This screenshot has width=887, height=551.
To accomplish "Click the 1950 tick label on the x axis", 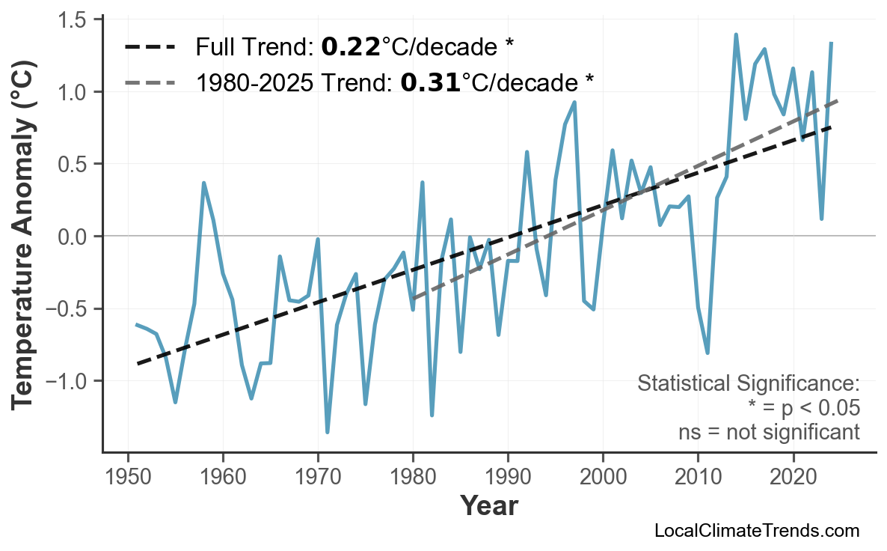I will pos(128,477).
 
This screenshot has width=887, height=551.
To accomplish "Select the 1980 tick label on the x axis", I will pos(413,477).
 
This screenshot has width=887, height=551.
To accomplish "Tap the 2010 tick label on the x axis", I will pos(698,477).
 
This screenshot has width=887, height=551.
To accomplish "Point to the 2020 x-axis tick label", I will pos(793,477).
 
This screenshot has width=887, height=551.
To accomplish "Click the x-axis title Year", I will pos(488,507).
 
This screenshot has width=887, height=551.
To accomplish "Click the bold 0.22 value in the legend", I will pos(350,48).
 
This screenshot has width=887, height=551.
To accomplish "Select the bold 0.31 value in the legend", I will pos(430,82).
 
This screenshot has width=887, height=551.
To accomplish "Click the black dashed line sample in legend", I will pos(150,48).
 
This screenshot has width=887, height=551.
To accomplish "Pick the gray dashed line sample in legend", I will pos(150,82).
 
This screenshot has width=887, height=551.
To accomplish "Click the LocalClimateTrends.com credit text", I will pos(756,531).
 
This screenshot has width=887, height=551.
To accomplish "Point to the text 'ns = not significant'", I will pos(769,432).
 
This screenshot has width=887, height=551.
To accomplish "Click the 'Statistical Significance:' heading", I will pos(748,384).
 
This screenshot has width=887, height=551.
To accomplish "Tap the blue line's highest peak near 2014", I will pos(736,34).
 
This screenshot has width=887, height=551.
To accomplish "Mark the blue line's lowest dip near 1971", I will pos(328,432).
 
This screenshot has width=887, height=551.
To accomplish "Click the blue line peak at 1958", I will pos(203,183).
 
